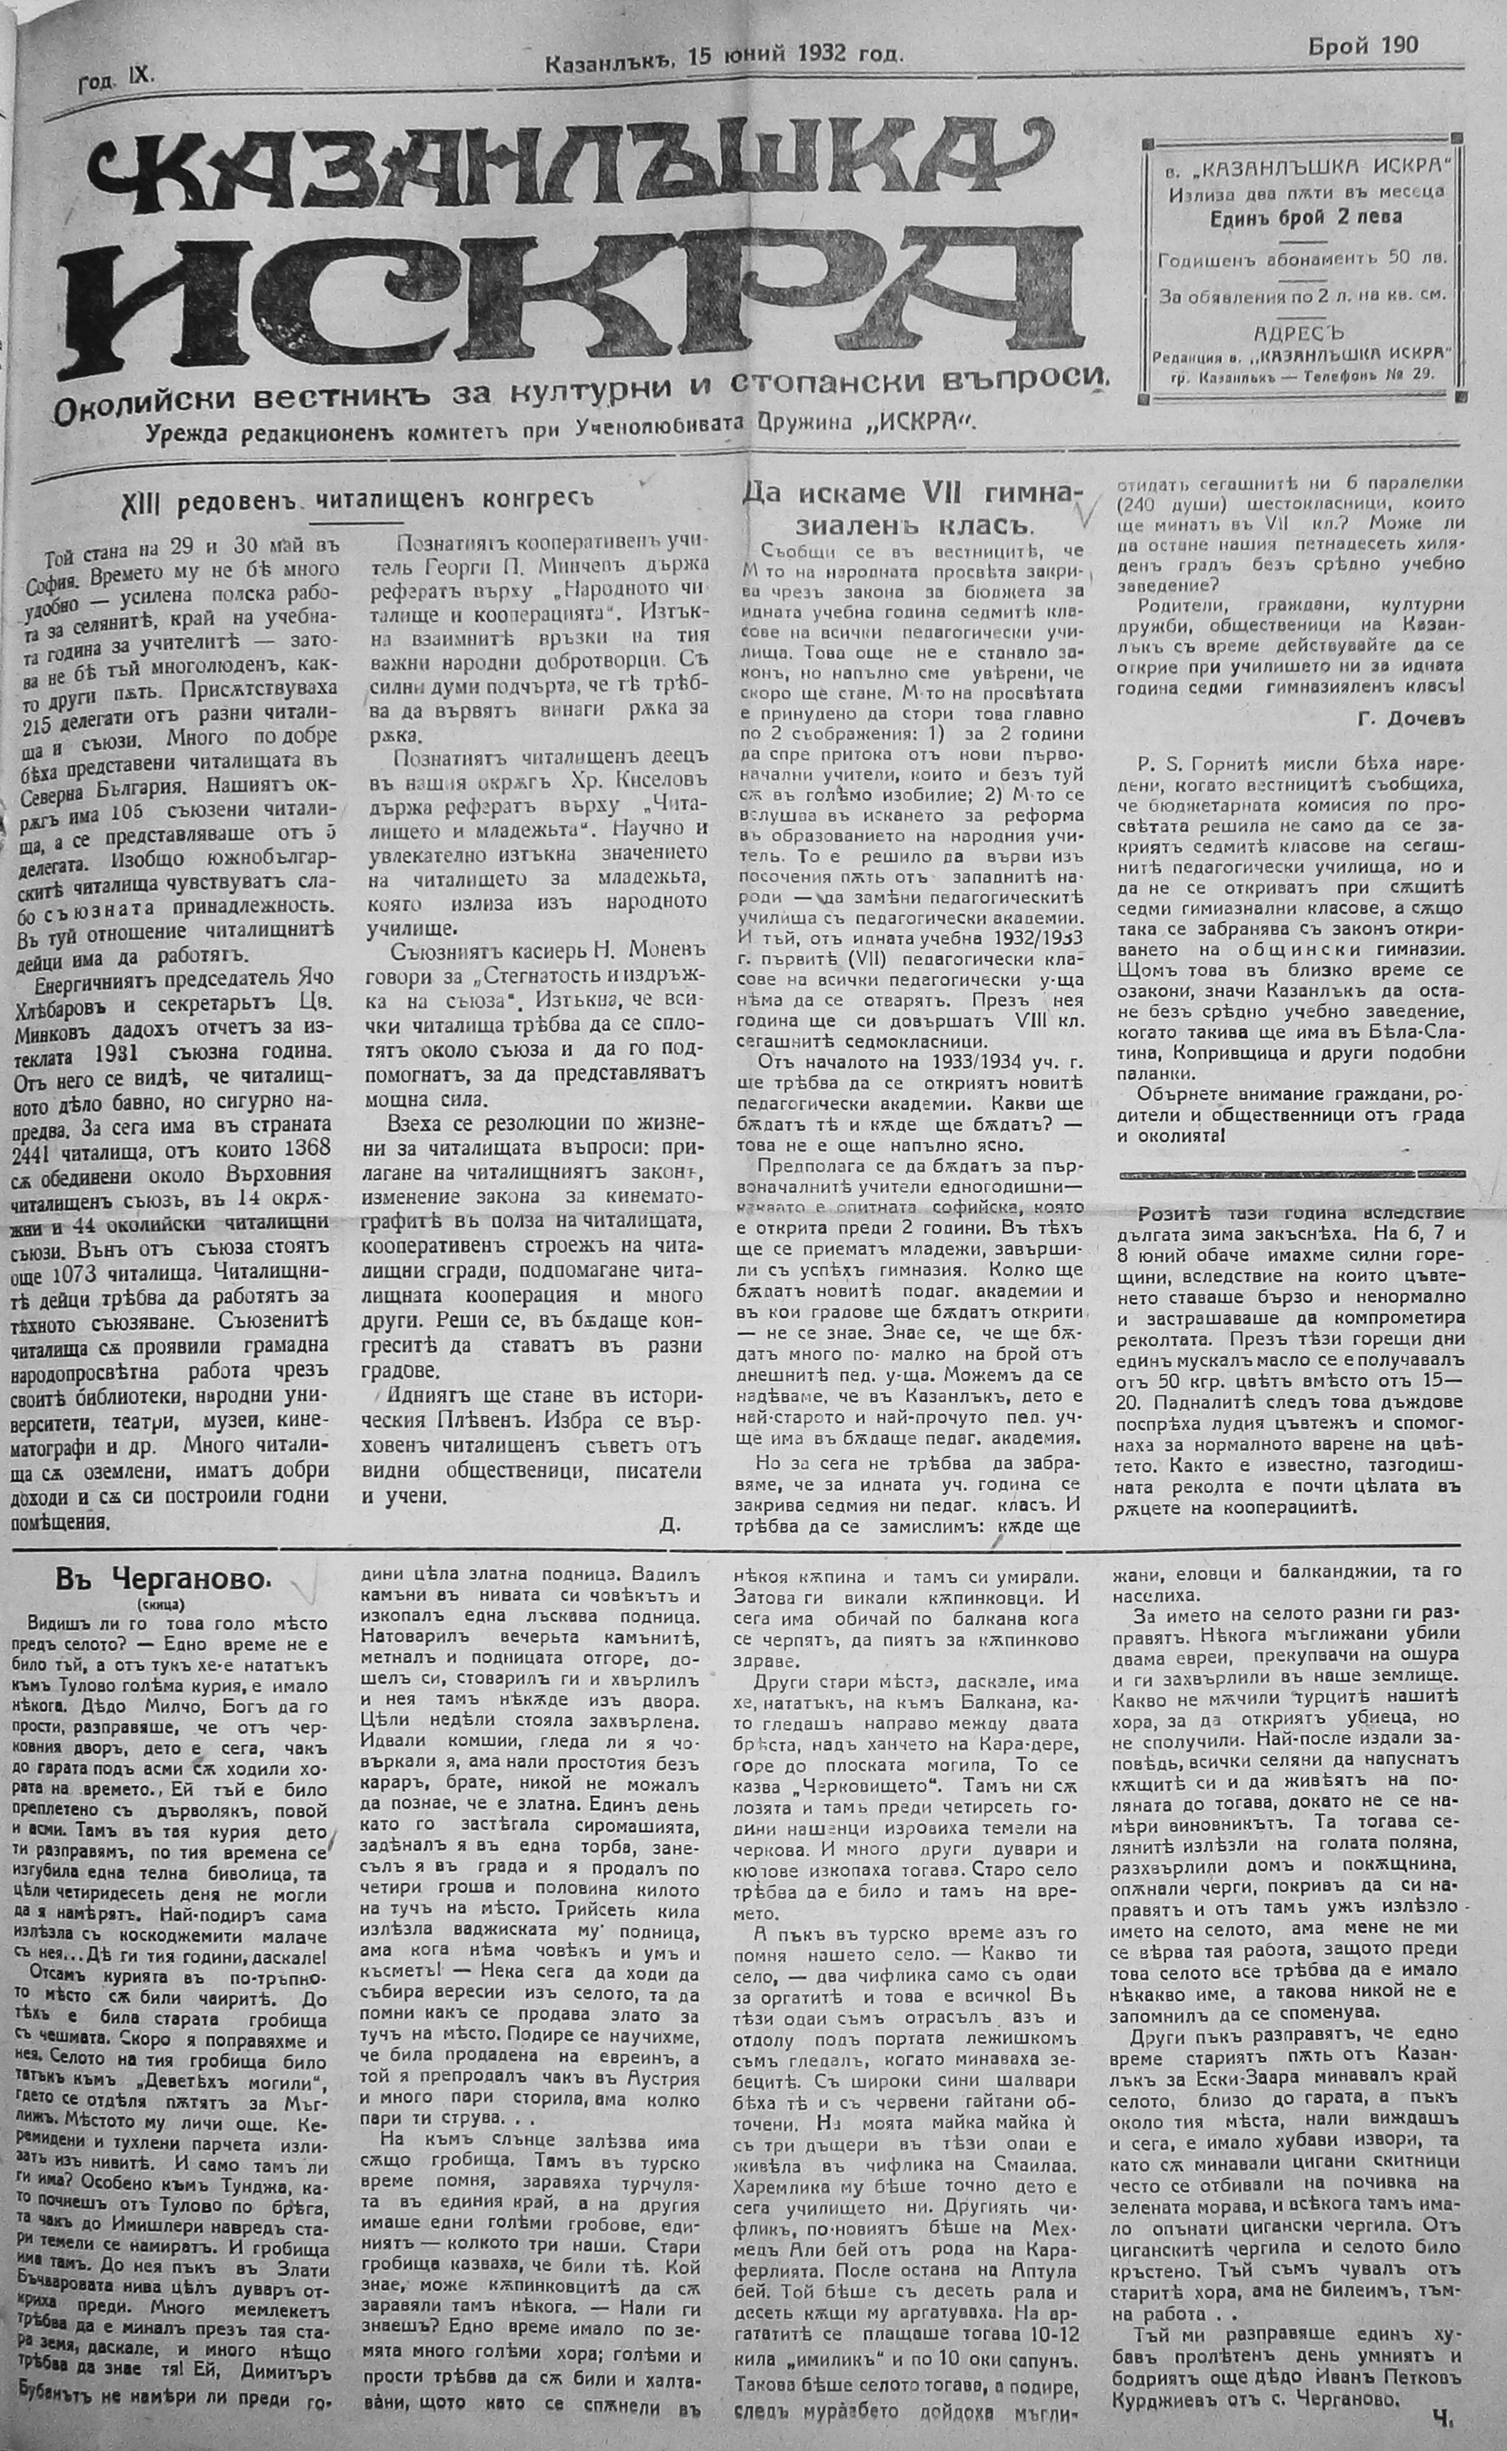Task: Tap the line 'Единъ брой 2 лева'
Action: [1307, 217]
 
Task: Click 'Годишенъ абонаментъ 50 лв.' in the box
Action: [1303, 260]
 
